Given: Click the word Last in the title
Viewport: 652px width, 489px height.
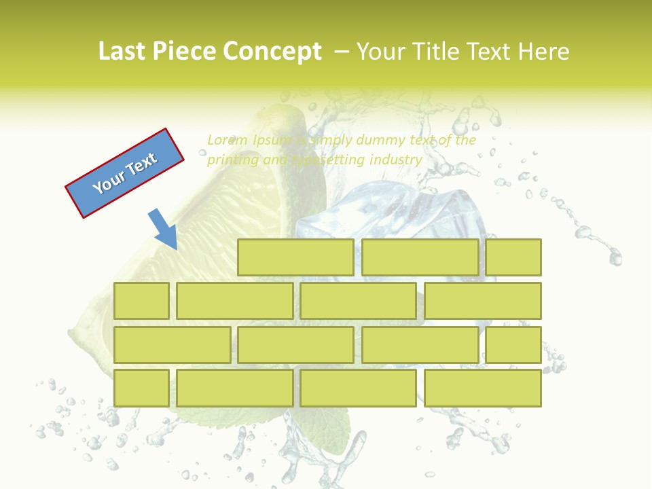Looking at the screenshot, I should pos(122,52).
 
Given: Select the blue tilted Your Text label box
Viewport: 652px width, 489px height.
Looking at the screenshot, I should pos(125,173).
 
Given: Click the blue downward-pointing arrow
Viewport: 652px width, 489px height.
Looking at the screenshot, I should pos(163,230).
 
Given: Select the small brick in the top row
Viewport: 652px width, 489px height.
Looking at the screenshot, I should pos(513,257).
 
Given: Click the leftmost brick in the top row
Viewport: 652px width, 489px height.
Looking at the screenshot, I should pos(295,257).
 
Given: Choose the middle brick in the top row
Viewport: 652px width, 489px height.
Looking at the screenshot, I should pos(420,257).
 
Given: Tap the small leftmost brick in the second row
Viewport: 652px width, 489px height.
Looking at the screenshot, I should pos(141,301).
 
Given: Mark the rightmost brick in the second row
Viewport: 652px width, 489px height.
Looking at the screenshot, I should pos(483,301).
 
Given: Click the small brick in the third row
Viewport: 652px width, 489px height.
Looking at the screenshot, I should pos(513,345).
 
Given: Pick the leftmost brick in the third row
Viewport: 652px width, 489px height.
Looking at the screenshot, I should pos(172,345).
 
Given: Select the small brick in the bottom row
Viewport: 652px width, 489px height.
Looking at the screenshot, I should pos(141,388).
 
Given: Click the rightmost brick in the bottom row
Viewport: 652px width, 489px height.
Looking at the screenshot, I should pos(483,388).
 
